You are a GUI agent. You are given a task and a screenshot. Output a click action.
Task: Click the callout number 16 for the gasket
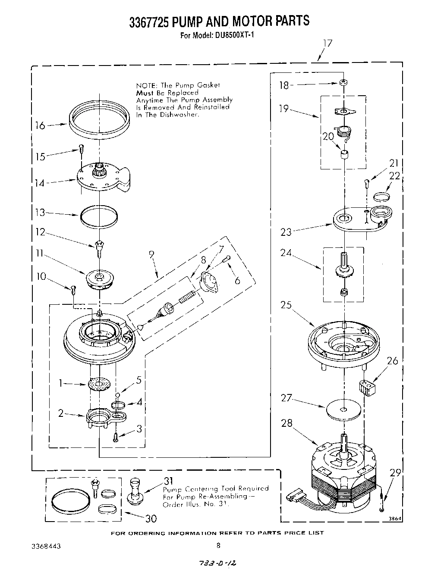[40, 125]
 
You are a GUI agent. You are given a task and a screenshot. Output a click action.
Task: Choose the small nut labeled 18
[343, 82]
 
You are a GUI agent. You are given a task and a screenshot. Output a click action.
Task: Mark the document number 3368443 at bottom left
[46, 545]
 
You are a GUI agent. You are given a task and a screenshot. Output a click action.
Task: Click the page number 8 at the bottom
[218, 545]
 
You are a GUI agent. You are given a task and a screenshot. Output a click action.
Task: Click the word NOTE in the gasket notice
[145, 86]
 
